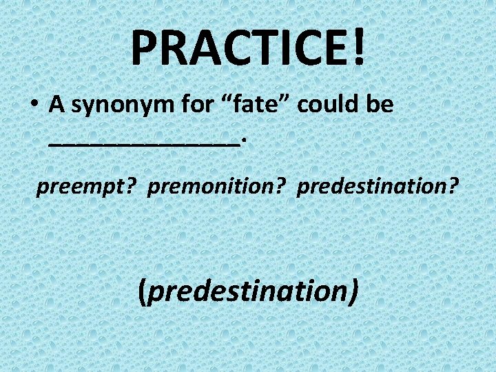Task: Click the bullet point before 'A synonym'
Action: coord(33,105)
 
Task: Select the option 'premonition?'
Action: coord(217,187)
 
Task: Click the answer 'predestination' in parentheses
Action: coord(248,291)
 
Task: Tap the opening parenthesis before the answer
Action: coord(142,291)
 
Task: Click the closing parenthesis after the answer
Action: coord(353,291)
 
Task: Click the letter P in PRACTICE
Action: coord(145,47)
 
